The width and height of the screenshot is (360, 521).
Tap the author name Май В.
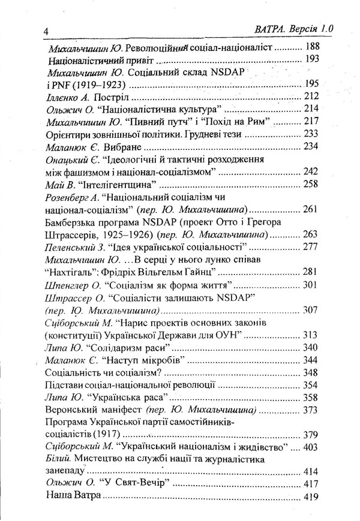point(61,184)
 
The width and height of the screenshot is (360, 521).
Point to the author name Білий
point(58,460)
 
